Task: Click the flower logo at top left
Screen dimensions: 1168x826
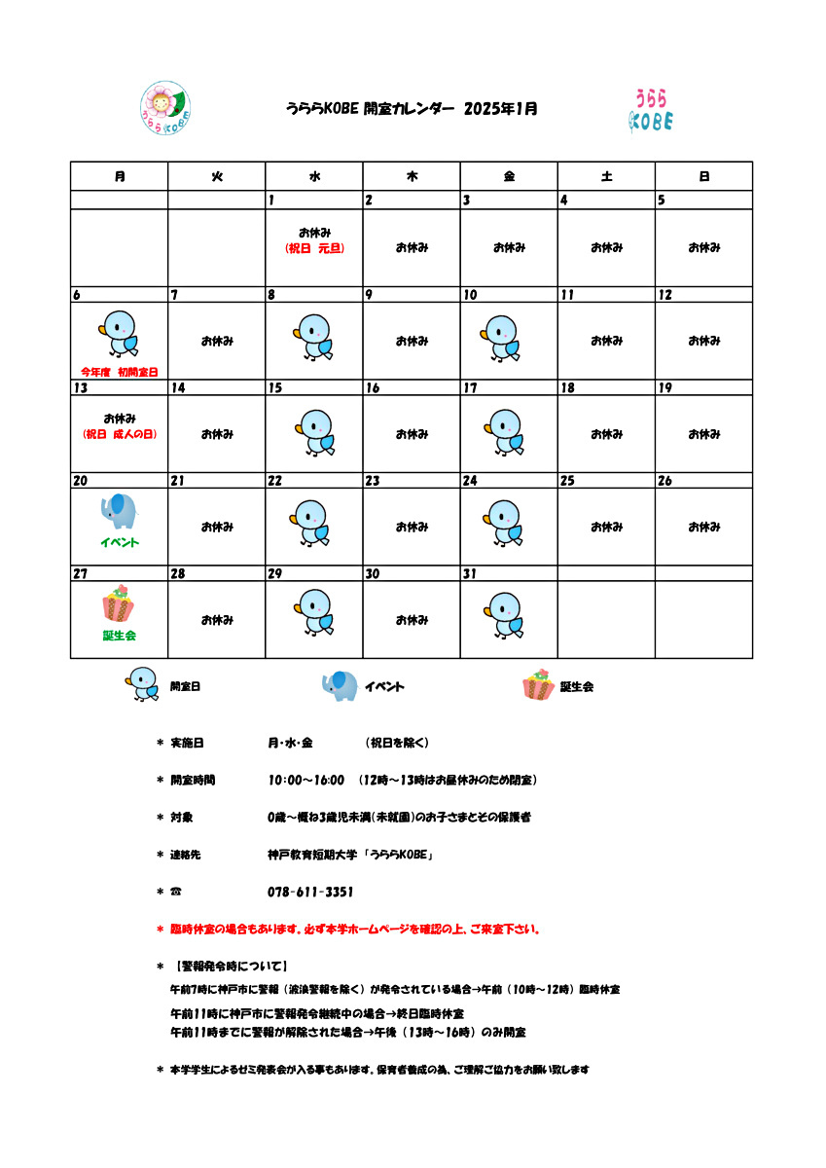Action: point(165,107)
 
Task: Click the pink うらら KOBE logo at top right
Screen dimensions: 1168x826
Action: point(651,110)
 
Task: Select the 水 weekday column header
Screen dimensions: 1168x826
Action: point(314,176)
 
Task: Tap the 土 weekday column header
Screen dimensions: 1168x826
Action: point(606,176)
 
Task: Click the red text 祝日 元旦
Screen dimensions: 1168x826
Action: point(314,248)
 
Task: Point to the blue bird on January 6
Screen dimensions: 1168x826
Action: point(119,333)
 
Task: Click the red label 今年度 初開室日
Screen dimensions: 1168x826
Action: point(119,372)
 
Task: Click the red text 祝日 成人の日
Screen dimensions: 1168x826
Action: point(120,434)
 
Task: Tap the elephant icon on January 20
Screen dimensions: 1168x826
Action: point(119,510)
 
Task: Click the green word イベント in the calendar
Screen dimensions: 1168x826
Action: point(119,542)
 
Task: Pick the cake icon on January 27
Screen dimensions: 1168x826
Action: point(119,604)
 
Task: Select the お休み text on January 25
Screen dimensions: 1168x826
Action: point(606,528)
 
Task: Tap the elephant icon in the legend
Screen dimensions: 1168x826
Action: point(340,685)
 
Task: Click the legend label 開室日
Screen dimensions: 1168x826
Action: point(185,686)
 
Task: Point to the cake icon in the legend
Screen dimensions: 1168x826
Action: point(538,685)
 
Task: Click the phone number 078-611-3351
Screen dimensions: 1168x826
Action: point(309,892)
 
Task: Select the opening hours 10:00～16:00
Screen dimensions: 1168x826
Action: point(305,780)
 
